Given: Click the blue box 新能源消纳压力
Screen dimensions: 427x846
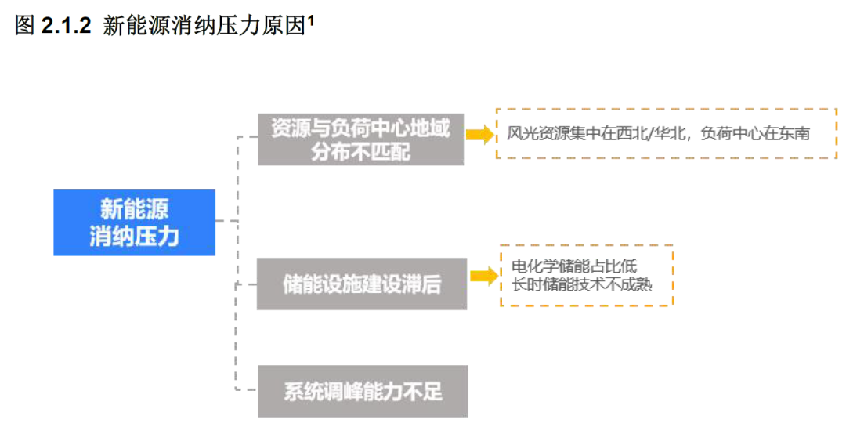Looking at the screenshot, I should [x=134, y=222].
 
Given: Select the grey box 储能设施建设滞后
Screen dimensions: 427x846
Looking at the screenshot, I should [x=361, y=284].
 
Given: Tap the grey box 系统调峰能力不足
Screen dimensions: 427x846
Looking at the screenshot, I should [x=362, y=391].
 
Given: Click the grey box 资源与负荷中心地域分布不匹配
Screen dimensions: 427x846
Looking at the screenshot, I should [x=360, y=139].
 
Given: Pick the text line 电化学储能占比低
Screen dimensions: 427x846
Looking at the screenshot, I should [x=573, y=266].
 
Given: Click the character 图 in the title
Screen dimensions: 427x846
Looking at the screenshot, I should [x=24, y=26].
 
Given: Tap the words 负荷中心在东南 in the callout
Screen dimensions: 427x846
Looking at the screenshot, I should [x=754, y=134].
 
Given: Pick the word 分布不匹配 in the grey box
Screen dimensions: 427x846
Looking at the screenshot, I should [x=360, y=152].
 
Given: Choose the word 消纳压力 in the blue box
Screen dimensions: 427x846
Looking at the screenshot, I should [x=134, y=235].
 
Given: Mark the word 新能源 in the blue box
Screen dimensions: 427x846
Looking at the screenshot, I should [x=134, y=209].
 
